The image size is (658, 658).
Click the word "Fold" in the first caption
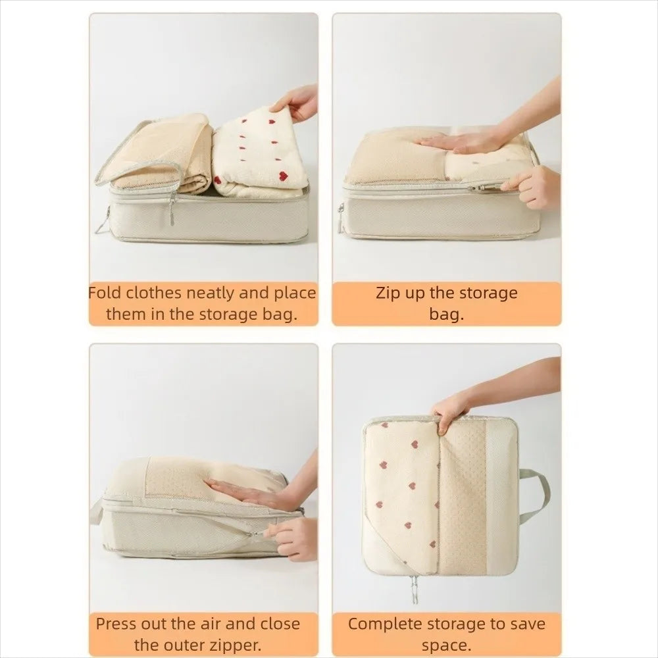105,293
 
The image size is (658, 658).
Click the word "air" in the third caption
211,624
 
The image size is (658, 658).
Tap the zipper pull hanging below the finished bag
414,590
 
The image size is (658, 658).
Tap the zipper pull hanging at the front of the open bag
172,209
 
